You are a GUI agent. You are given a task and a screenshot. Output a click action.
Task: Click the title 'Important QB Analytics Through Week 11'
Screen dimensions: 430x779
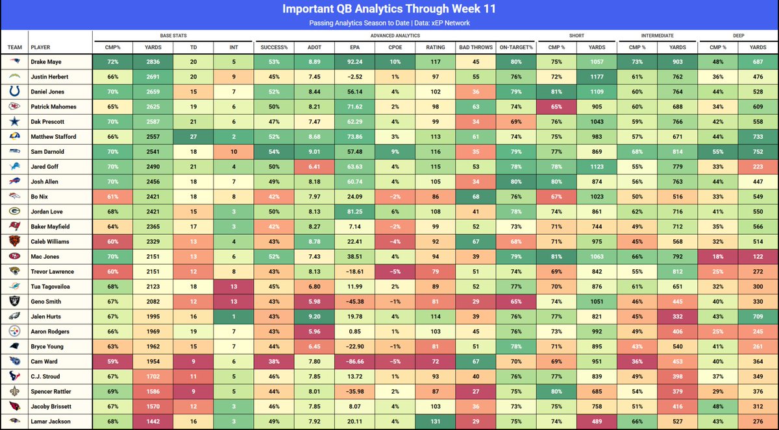point(389,9)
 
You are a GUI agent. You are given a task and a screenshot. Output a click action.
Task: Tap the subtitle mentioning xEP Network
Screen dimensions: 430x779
point(389,23)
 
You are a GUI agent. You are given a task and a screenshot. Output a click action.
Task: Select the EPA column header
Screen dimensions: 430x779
point(354,47)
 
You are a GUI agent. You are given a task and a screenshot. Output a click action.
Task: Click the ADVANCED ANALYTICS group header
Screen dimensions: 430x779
point(395,36)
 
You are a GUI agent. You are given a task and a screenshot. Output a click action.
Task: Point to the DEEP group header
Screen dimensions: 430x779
point(738,36)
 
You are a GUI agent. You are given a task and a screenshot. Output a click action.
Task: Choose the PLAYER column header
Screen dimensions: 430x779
point(40,47)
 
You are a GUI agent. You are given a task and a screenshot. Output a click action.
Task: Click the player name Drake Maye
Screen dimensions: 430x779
point(50,62)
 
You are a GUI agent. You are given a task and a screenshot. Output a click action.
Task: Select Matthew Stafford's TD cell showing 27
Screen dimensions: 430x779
point(193,136)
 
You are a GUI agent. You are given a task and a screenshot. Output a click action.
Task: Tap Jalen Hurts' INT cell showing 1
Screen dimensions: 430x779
point(234,316)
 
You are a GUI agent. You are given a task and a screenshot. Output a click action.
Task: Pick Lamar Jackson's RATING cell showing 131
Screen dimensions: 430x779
point(435,420)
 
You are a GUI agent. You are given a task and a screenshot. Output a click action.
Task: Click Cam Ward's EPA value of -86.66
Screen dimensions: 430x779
point(354,361)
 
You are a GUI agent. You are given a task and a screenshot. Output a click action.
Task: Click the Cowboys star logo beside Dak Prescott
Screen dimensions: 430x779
point(14,121)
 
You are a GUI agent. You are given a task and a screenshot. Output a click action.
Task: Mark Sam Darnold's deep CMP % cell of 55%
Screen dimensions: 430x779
point(717,151)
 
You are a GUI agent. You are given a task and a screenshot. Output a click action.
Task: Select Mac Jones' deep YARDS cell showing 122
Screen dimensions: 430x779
point(758,256)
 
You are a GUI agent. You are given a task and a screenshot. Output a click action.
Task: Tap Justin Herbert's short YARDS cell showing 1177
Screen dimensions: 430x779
point(597,77)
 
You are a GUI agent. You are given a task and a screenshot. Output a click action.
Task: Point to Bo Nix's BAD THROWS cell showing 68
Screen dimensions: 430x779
point(475,196)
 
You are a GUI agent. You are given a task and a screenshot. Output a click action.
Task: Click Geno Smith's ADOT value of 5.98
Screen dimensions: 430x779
point(314,301)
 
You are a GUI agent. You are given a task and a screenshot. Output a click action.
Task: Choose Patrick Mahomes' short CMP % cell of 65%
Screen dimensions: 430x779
point(556,106)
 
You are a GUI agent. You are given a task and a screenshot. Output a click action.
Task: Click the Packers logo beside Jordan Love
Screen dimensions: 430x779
point(14,211)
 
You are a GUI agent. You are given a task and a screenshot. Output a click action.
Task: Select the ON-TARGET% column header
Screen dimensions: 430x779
point(516,47)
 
